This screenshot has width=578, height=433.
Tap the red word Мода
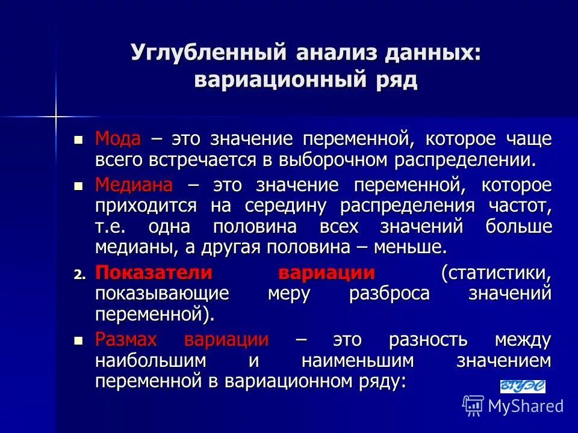[x=117, y=140]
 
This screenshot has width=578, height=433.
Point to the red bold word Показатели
[x=154, y=272]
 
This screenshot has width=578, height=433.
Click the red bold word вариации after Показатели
[x=326, y=272]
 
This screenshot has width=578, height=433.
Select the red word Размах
[x=126, y=339]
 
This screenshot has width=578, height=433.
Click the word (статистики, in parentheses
[x=496, y=272]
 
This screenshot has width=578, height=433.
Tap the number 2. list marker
[x=80, y=274]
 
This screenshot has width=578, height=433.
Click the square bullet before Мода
[x=77, y=140]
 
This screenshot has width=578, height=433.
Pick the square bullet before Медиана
[x=77, y=185]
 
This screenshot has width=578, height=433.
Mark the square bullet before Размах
[x=77, y=340]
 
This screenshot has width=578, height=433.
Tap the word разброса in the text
[x=389, y=293]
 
